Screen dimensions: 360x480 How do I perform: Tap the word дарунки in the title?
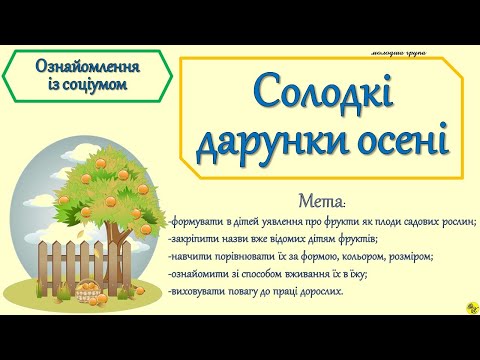258,141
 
